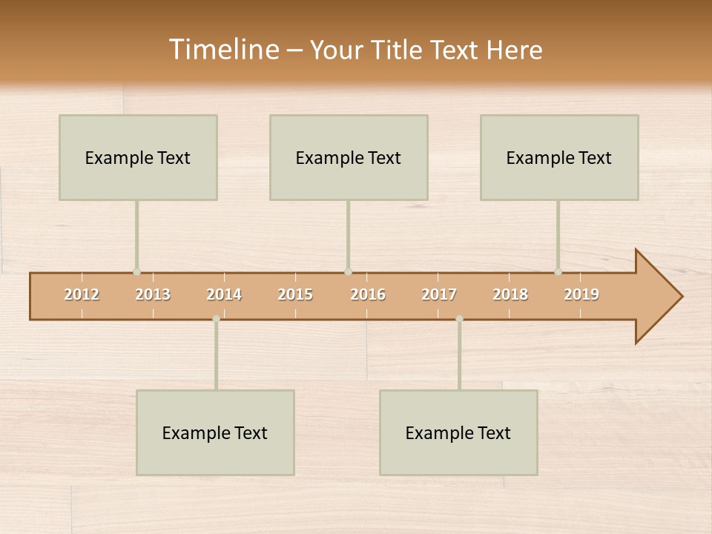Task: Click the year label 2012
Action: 82,294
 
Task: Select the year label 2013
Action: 153,294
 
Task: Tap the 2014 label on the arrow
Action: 224,294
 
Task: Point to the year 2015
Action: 295,294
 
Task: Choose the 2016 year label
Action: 368,294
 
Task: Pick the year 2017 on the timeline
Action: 439,294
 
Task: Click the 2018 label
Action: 510,294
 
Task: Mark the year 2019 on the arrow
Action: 581,294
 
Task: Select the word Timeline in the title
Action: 223,50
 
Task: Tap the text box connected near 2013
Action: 138,157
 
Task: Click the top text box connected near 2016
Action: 349,157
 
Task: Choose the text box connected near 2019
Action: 559,157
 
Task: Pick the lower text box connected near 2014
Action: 215,432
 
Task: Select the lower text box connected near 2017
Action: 458,432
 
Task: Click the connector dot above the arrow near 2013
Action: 136,272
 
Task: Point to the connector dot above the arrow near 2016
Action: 348,272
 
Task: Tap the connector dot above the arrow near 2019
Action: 558,272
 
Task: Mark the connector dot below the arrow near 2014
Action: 216,319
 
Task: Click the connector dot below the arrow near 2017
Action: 459,319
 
